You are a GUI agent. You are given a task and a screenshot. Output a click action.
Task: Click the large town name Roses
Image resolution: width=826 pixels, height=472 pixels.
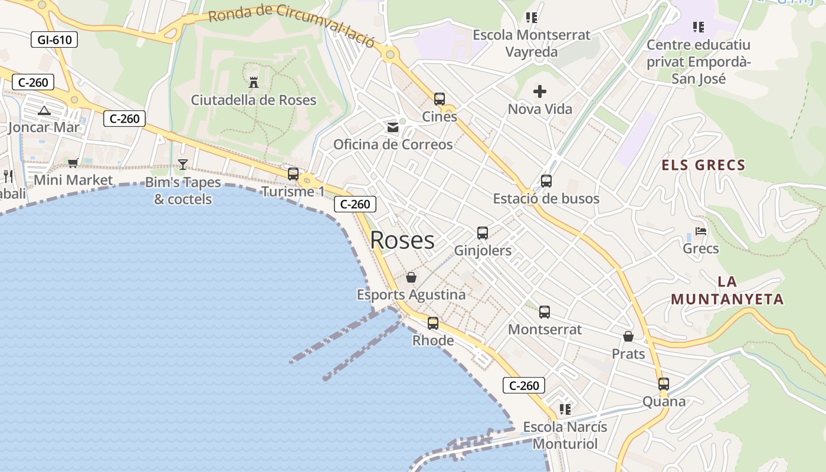[x=402, y=240]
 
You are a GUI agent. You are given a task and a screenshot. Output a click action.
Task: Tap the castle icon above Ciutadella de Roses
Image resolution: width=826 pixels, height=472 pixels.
[x=254, y=83]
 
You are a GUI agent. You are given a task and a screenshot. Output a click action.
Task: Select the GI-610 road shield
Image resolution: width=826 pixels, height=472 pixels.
[x=54, y=40]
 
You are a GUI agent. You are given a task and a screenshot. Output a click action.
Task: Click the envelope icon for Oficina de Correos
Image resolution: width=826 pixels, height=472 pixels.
[x=393, y=127]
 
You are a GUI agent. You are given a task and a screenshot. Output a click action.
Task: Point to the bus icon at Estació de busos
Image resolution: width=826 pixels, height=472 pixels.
[x=546, y=181]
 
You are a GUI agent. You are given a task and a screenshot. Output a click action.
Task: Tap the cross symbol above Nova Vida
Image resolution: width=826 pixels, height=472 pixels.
[x=540, y=91]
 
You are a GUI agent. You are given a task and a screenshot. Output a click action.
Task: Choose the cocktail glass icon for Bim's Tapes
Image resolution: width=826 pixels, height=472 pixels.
[x=183, y=165]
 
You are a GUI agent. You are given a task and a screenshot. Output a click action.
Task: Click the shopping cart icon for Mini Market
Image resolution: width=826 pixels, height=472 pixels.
[x=73, y=163]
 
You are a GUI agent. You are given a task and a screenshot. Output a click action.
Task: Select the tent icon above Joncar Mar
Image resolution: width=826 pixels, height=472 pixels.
[x=44, y=110]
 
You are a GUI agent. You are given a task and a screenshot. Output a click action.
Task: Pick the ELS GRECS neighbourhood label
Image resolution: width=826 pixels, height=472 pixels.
[x=703, y=165]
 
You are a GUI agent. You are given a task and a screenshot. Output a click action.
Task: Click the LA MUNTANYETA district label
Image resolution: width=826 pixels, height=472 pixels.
[x=727, y=291]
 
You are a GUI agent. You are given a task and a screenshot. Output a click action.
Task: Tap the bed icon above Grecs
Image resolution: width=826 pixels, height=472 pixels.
[x=701, y=231]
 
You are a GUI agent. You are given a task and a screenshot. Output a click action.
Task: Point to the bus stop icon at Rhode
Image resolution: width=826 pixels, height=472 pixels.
[x=433, y=323]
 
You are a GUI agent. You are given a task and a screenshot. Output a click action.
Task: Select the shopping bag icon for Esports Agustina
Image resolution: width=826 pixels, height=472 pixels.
[x=411, y=277]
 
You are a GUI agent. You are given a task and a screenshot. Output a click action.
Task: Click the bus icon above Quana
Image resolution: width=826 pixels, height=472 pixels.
[x=664, y=384]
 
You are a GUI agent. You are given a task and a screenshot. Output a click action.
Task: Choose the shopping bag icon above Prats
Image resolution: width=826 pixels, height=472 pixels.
[x=628, y=336]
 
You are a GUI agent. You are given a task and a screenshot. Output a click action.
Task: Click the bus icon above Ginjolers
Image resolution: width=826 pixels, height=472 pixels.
[x=483, y=233]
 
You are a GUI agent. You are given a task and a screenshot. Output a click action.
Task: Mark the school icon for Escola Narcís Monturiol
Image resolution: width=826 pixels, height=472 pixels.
[x=565, y=409]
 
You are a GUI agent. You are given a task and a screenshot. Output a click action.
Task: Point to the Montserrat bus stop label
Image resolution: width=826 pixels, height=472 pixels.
[x=545, y=329]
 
